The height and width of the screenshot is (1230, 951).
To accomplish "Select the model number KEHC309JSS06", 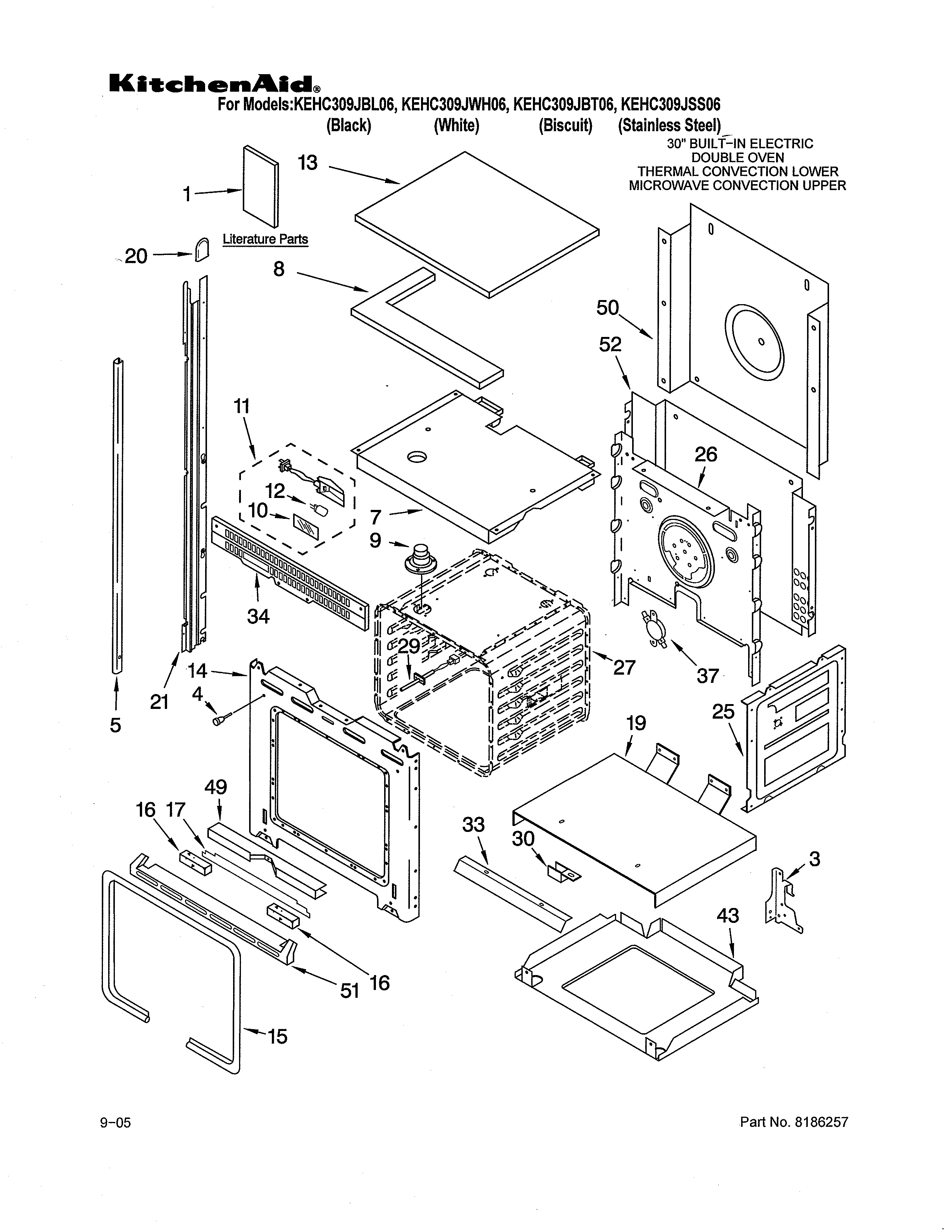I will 670,105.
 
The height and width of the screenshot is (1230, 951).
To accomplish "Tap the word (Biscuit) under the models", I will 565,125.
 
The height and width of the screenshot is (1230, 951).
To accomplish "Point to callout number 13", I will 308,163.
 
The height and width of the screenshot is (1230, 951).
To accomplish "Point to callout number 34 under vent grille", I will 258,616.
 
